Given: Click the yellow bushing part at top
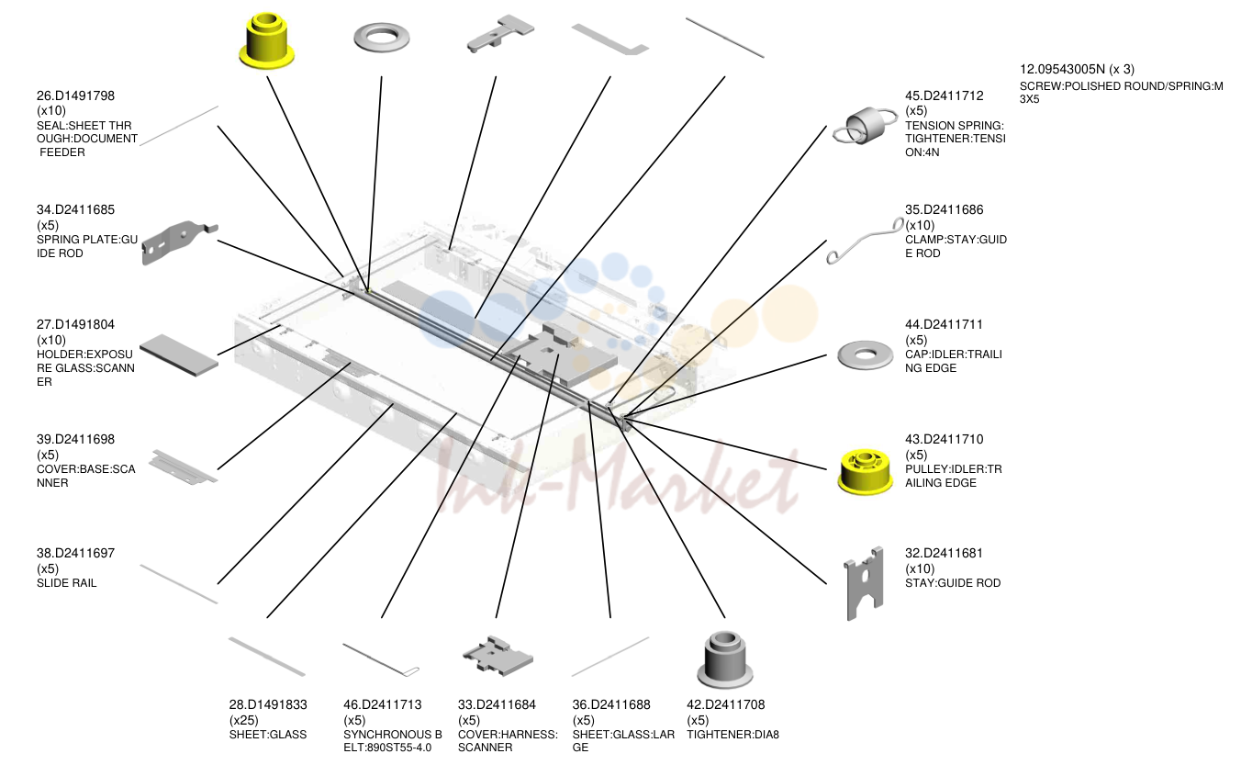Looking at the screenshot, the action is coord(266,41).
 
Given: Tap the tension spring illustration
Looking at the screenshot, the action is coord(865,126).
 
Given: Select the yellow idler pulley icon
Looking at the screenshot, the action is coord(865,471).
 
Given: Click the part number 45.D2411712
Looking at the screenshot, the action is coord(944,96).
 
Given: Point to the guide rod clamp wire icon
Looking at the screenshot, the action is coord(865,241).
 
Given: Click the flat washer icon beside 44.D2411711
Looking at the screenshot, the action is coord(865,354).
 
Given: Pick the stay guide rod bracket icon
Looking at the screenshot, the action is coord(865,583).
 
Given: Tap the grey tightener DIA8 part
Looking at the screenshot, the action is coord(724,659).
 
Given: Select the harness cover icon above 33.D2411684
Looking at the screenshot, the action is coord(498,657).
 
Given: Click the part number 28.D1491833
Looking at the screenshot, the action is coord(268,704).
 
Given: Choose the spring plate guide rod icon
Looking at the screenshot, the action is coord(179,242).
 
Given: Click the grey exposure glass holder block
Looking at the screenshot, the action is coord(179,355).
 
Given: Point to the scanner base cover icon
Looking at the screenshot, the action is coord(183,467).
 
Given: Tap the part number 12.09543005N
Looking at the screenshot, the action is coord(1062,69).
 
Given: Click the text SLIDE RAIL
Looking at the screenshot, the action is coord(66,583).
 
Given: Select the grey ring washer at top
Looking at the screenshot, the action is coord(382,38).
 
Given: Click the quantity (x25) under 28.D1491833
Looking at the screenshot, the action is coord(244,720).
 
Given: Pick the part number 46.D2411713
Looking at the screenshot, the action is coord(382,704).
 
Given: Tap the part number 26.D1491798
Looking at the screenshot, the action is coord(75,96).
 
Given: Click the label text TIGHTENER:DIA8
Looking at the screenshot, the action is coord(732,735).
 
